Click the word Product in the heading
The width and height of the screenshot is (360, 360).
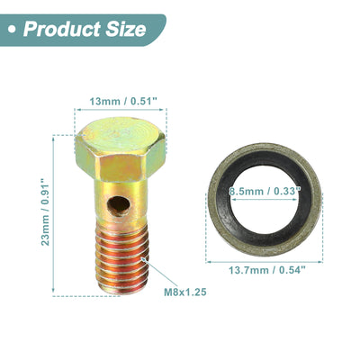coord(62,29)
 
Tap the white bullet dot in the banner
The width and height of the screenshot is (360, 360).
coord(12,30)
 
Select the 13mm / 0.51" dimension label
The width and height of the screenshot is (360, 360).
coord(123,102)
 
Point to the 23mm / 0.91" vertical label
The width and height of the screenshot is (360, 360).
coord(45,212)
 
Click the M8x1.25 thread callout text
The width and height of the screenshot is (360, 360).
coord(185,292)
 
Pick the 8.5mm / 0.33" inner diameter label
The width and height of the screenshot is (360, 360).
coord(265,191)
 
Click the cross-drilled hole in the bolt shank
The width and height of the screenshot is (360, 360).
coord(119,206)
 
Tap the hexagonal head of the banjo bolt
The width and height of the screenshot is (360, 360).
coord(121,149)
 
